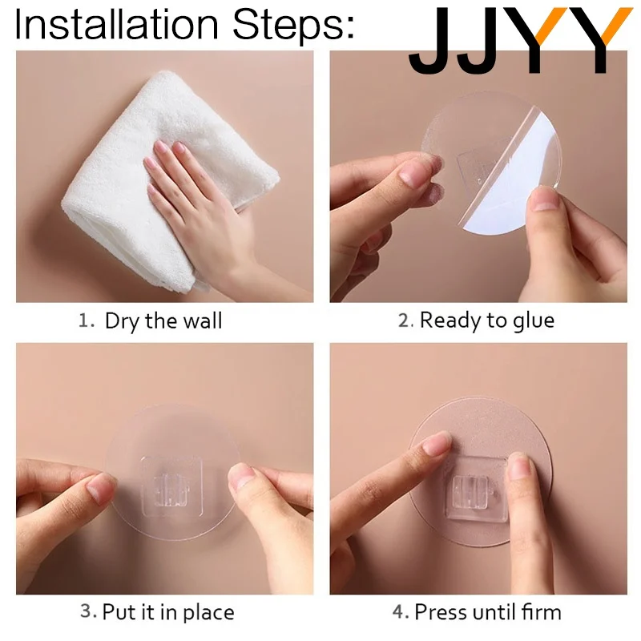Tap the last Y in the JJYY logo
click(599, 40)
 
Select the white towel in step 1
click(163, 179)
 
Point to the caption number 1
click(85, 320)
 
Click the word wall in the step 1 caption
click(203, 320)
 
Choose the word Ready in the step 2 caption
click(450, 321)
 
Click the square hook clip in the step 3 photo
click(172, 486)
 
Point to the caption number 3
click(87, 611)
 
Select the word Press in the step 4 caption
click(441, 612)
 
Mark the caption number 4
click(398, 612)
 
